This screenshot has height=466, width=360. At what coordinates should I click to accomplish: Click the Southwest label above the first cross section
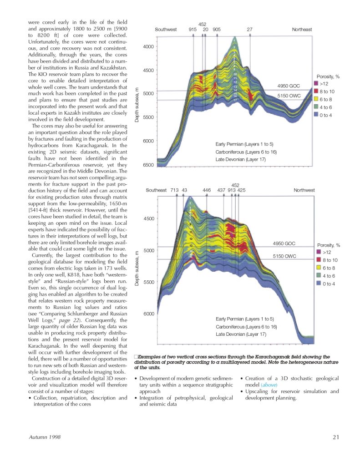tap(166, 30)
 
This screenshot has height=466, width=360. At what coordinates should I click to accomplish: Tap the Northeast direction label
tap(302, 30)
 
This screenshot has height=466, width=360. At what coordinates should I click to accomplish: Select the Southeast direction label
tap(156, 190)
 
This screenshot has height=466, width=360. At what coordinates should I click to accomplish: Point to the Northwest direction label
tap(304, 190)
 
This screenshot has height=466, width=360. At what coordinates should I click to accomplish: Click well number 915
tap(193, 30)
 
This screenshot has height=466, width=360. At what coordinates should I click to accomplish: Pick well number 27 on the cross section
tap(250, 30)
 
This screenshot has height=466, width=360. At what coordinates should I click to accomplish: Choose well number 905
tap(217, 30)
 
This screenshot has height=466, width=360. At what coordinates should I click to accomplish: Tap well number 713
tap(174, 190)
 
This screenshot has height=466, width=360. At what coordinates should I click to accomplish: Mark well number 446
tap(207, 190)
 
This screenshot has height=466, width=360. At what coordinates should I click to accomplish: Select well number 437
tap(221, 190)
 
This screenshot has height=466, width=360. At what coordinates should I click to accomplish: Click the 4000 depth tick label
tap(148, 47)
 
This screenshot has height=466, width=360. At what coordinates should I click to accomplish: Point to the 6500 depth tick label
tap(148, 165)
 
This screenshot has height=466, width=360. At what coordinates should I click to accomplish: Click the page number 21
tap(336, 438)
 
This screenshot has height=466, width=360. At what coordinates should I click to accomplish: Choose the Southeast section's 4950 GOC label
tap(284, 244)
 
